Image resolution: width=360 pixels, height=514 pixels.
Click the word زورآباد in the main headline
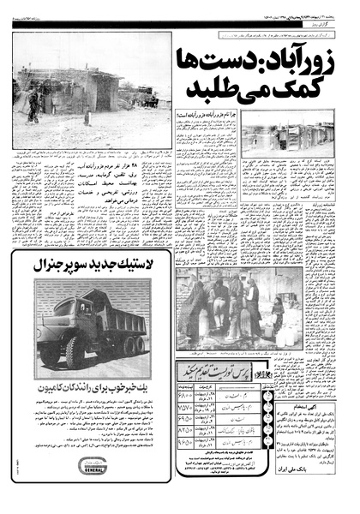316,63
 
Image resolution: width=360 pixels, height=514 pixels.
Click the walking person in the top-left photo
35,102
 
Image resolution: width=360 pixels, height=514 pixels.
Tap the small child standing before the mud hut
87,115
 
